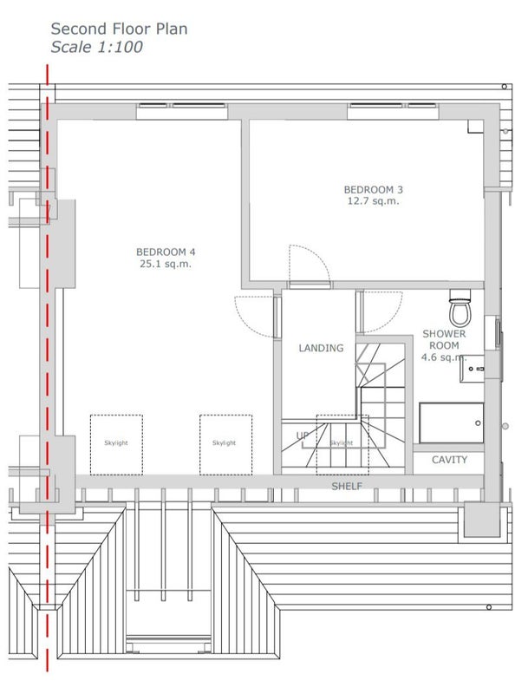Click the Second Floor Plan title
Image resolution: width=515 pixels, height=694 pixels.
tap(119, 29)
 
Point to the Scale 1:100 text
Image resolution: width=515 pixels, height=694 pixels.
tap(96, 47)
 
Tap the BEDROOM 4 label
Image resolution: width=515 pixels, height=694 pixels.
tap(166, 252)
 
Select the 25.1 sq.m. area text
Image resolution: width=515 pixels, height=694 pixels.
tap(166, 265)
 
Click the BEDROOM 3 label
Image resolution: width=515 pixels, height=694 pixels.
tap(374, 190)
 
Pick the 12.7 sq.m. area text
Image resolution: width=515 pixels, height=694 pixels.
tap(374, 201)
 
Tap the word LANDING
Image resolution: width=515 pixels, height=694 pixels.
tap(321, 349)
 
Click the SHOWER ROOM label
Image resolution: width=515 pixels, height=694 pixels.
tap(444, 339)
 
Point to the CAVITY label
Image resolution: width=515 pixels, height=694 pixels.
tap(449, 460)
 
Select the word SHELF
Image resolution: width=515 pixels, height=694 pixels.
tap(347, 487)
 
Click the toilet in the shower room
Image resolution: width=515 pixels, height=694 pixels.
tap(460, 308)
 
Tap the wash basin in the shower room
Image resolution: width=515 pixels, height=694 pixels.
tap(472, 368)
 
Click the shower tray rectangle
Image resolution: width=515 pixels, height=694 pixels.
tap(452, 423)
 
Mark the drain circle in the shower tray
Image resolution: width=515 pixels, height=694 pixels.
tap(478, 423)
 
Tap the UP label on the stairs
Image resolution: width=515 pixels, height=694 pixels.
tap(303, 436)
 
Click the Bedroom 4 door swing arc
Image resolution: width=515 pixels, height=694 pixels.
tap(243, 322)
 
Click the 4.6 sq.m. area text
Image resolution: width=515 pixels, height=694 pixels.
tap(444, 357)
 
